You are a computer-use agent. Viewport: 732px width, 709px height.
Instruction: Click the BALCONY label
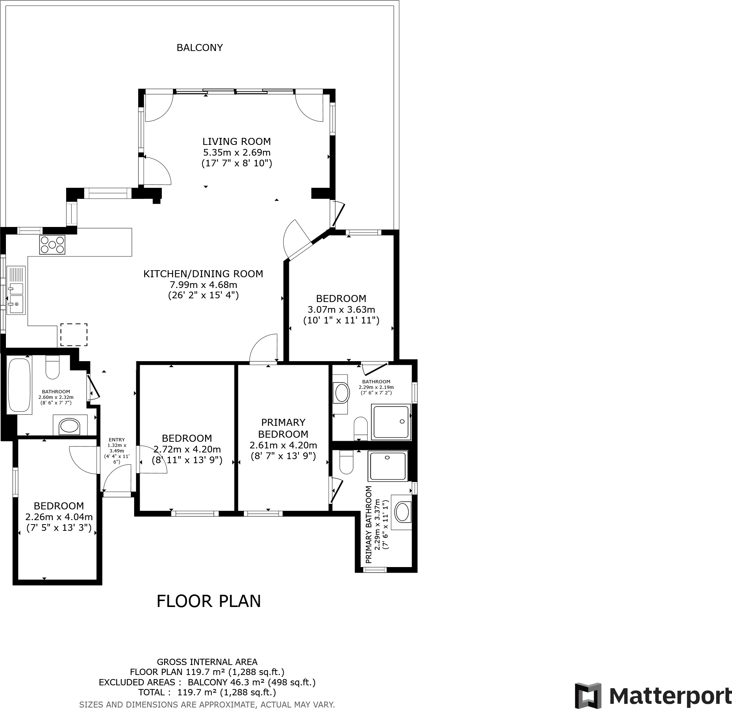pyautogui.click(x=200, y=48)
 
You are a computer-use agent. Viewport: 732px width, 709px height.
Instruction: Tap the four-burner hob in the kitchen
pyautogui.click(x=52, y=245)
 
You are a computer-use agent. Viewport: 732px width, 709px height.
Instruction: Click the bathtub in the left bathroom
pyautogui.click(x=19, y=385)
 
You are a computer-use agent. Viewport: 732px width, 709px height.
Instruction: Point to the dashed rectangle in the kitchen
pyautogui.click(x=74, y=335)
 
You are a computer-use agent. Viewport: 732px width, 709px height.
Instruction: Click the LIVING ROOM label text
pyautogui.click(x=236, y=142)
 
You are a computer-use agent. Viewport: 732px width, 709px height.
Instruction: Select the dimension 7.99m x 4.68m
pyautogui.click(x=203, y=285)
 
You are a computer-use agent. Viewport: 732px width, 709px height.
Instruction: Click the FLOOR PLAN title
pyautogui.click(x=208, y=601)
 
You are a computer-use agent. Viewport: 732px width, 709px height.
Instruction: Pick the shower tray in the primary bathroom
pyautogui.click(x=387, y=466)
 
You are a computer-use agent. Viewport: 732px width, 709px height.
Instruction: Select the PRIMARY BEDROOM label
pyautogui.click(x=283, y=428)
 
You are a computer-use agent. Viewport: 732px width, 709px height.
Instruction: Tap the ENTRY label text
pyautogui.click(x=116, y=440)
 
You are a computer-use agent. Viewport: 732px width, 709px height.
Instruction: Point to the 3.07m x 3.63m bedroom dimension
pyautogui.click(x=341, y=310)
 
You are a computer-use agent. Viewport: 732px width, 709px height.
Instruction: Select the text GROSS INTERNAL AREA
pyautogui.click(x=207, y=662)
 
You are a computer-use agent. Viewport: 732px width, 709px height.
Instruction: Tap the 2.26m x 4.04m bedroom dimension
pyautogui.click(x=59, y=517)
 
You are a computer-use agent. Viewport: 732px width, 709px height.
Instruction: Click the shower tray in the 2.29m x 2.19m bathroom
pyautogui.click(x=391, y=421)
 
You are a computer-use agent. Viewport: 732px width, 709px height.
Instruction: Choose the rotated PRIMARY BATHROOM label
pyautogui.click(x=369, y=525)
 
